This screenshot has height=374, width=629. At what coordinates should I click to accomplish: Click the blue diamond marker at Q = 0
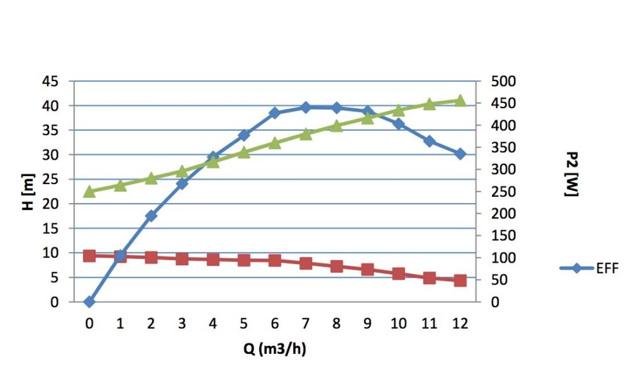[89, 302]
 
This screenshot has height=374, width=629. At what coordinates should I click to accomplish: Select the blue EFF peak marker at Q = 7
[306, 107]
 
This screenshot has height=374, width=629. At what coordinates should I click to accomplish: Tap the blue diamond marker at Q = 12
[460, 153]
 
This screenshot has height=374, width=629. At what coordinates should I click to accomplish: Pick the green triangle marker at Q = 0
[89, 192]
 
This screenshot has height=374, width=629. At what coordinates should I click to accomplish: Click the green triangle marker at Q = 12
[460, 101]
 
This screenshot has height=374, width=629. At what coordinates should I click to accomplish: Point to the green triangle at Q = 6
[275, 143]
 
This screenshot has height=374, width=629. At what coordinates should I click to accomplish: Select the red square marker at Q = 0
[89, 256]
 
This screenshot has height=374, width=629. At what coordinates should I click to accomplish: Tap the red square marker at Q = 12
[460, 280]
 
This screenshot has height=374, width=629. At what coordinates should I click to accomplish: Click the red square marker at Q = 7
[306, 263]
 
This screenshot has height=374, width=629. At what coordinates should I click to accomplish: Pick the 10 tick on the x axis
[398, 322]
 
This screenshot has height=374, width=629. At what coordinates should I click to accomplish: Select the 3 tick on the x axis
[182, 322]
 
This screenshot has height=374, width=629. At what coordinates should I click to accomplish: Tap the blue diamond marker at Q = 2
[151, 216]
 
